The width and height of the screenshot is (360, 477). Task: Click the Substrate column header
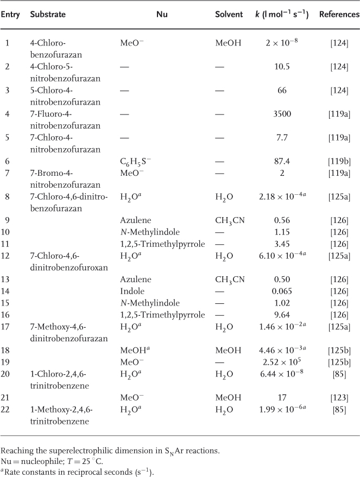(48, 15)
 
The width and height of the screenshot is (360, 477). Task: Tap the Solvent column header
(229, 15)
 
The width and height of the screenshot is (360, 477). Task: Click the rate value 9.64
(282, 315)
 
